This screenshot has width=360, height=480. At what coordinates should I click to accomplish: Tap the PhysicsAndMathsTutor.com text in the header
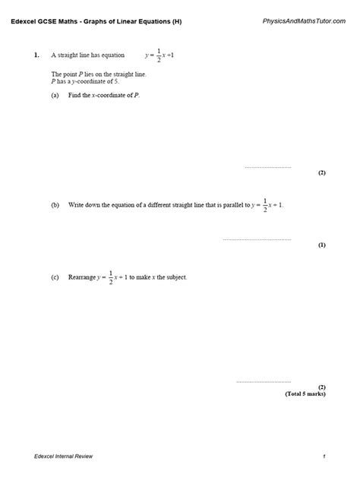(x=291, y=21)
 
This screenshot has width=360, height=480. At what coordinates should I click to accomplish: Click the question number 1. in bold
(x=36, y=55)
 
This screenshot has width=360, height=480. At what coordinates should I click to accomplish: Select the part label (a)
(x=55, y=96)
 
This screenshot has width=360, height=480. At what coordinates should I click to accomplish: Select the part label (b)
(x=55, y=205)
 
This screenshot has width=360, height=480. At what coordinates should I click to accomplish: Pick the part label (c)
(x=55, y=277)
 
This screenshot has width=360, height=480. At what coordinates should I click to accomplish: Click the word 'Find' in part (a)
(x=74, y=96)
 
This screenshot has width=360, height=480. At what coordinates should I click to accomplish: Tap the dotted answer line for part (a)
(x=267, y=167)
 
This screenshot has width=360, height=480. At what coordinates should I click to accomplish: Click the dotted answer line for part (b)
(x=257, y=239)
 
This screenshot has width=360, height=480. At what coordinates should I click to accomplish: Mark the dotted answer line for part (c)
(x=264, y=381)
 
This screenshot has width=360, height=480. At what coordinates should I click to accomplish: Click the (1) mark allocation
(x=322, y=245)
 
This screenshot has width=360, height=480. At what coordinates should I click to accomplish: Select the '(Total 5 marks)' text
(x=305, y=394)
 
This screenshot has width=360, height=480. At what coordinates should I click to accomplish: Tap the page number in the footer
(x=324, y=456)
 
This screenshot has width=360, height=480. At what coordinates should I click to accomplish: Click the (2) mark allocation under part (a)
(x=322, y=173)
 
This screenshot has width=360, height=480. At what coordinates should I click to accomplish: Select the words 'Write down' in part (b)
(x=83, y=205)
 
